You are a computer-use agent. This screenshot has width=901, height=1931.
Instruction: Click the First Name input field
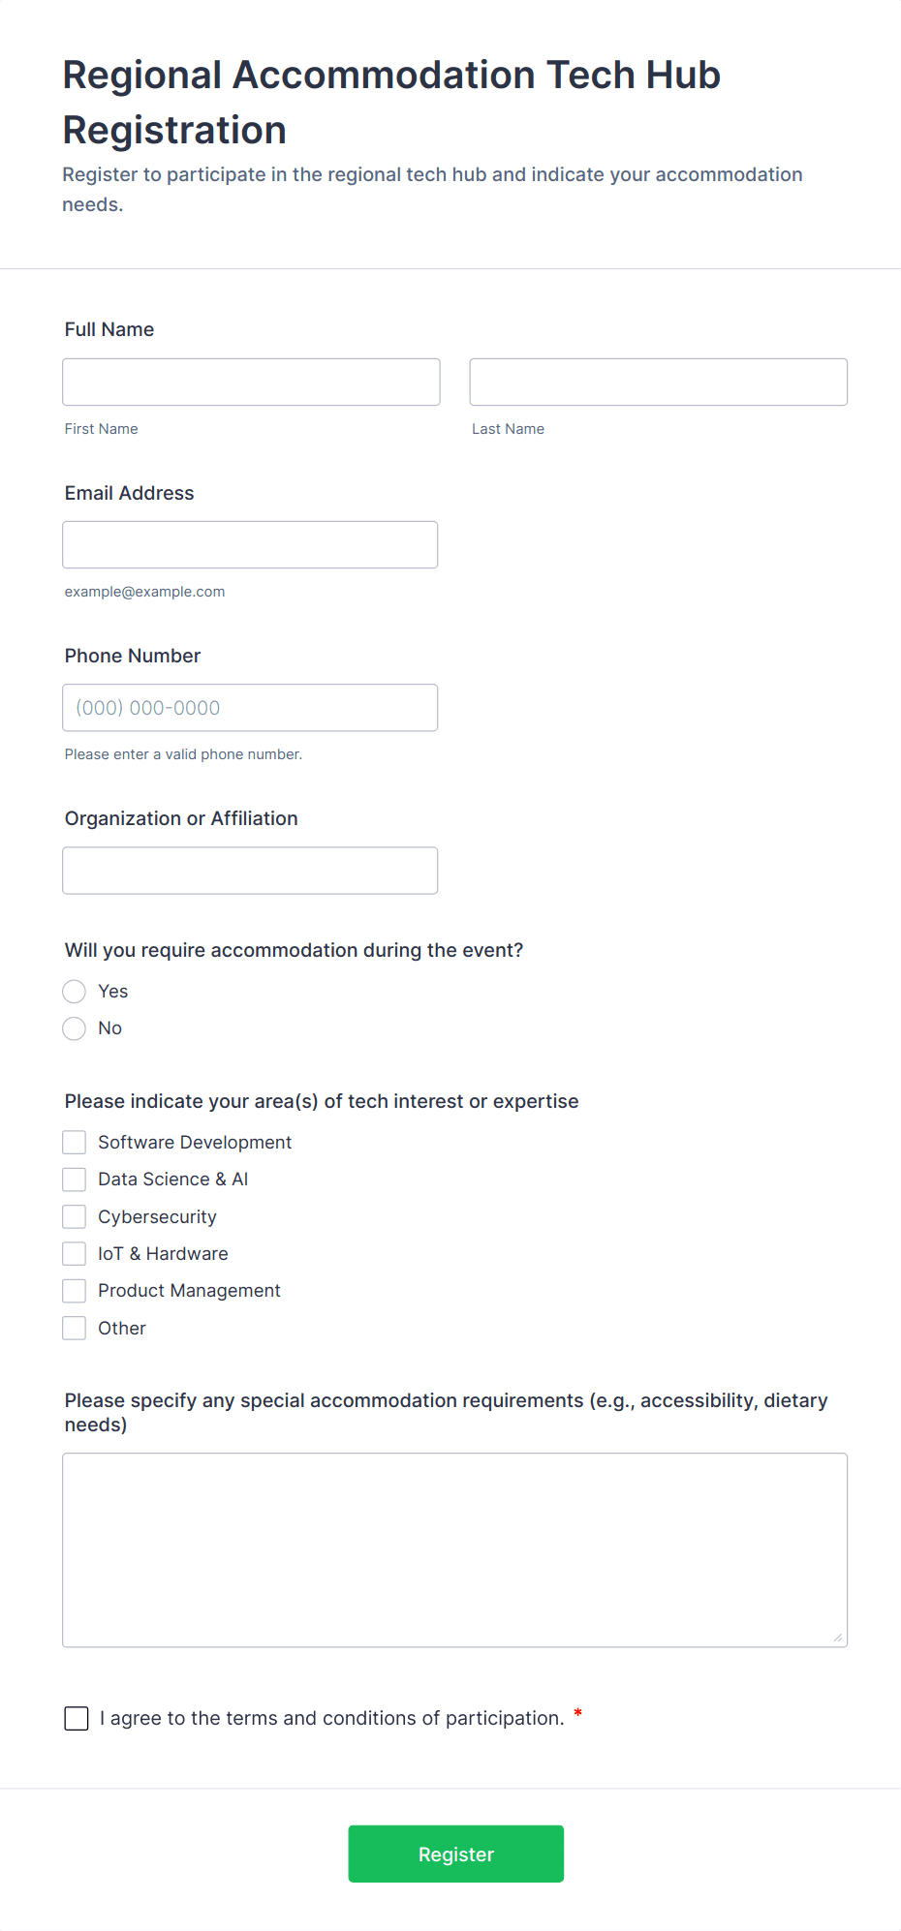[251, 383]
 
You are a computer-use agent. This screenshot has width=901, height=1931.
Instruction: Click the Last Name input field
[658, 383]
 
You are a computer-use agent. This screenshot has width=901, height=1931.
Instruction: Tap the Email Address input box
[250, 545]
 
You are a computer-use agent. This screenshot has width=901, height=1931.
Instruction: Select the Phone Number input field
[250, 708]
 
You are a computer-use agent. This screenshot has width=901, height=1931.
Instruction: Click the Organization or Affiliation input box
[250, 871]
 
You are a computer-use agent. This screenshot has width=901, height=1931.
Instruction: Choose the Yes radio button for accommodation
[75, 992]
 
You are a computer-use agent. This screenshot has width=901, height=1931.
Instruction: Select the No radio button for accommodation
[75, 1028]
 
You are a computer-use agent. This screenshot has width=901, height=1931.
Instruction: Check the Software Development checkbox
[75, 1143]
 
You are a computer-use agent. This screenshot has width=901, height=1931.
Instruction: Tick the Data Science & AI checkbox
[75, 1180]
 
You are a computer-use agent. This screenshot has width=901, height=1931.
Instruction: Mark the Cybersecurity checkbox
[75, 1217]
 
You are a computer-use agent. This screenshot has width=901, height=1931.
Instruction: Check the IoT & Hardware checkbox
[75, 1254]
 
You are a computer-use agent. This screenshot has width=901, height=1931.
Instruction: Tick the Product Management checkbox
[75, 1291]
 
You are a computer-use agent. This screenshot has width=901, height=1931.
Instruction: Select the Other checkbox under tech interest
[75, 1329]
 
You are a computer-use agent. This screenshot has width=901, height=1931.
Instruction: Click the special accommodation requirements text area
[454, 1549]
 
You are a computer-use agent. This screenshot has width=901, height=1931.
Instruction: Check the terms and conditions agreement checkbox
[77, 1719]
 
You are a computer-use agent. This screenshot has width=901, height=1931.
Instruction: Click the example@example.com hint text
[144, 592]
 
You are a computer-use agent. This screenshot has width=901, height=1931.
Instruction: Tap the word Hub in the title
[683, 76]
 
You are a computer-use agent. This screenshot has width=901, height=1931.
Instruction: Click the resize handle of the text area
[838, 1638]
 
